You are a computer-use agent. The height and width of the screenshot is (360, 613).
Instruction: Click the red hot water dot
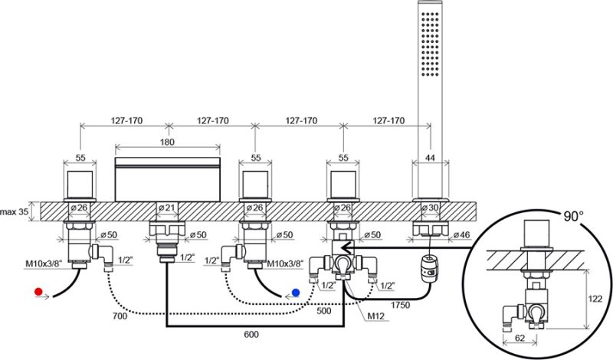(x=39, y=292)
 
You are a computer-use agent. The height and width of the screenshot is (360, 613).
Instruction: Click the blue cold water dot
(x=296, y=292)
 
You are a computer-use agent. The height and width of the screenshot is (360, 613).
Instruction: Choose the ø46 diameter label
(x=461, y=234)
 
